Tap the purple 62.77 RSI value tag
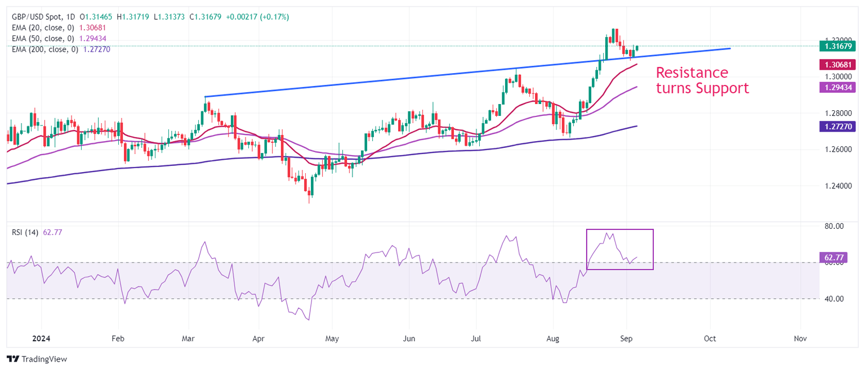point(833,258)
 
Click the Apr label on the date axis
point(258,339)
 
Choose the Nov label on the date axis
point(800,339)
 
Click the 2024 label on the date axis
point(41,339)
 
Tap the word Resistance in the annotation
point(692,73)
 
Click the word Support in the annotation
point(723,88)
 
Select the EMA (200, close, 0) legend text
point(45,49)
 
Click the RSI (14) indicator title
point(25,233)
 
